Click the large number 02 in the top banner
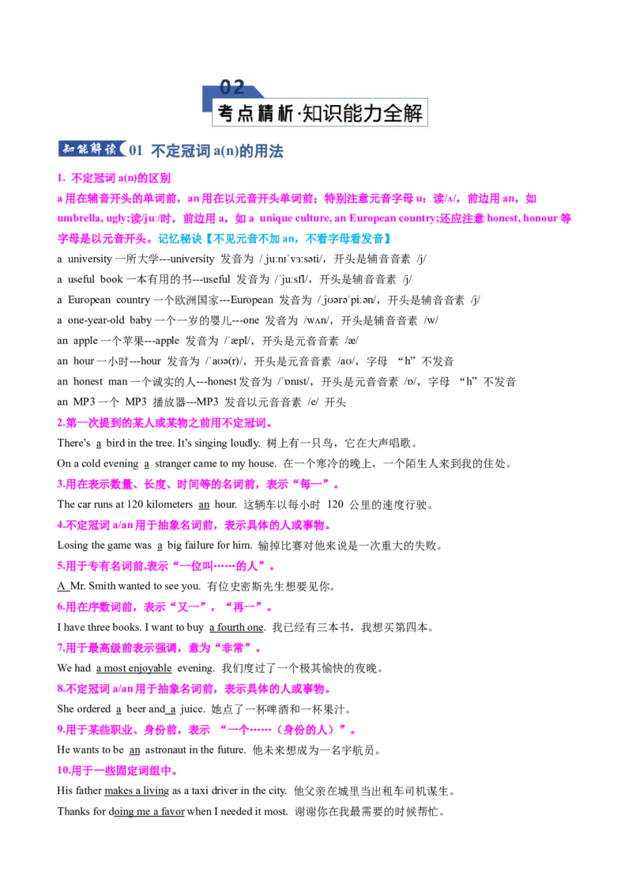(x=231, y=87)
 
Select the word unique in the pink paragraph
(x=276, y=219)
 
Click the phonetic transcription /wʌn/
(x=316, y=320)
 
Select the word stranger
(x=173, y=463)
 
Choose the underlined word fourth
(x=231, y=627)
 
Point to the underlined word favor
(x=172, y=811)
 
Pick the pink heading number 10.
(x=63, y=771)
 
